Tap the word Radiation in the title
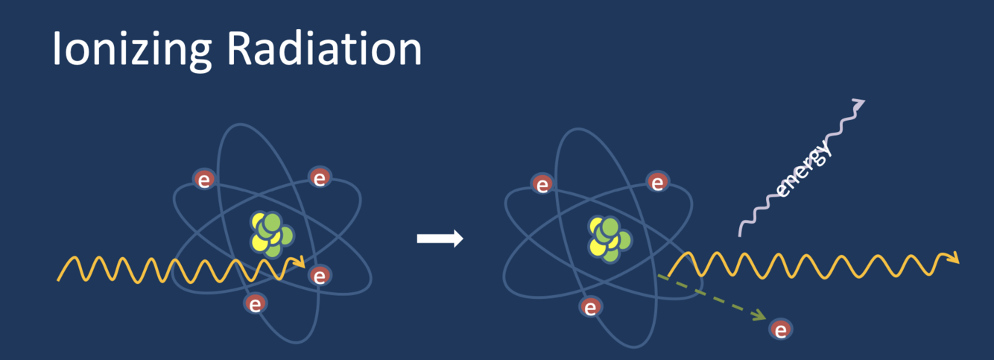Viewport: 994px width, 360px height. tap(325, 49)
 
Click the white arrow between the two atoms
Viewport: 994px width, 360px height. tap(440, 239)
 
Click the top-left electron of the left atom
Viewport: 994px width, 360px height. tap(205, 179)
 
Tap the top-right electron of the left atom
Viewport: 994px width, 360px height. tap(320, 178)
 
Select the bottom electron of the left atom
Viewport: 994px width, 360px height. tap(256, 304)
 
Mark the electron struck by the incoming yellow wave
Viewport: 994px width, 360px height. tap(320, 277)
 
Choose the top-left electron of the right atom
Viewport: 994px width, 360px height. tap(542, 184)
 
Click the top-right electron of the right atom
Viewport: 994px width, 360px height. tap(656, 182)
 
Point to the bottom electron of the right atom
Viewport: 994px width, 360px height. tap(590, 307)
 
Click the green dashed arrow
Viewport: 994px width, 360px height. tap(712, 297)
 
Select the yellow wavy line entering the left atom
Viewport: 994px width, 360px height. tap(171, 269)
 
